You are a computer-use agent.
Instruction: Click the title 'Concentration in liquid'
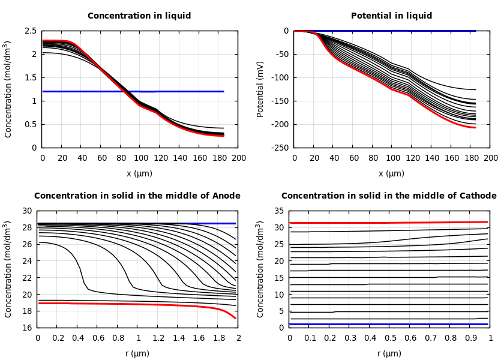(x=139, y=16)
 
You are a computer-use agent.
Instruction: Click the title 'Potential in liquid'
(x=391, y=16)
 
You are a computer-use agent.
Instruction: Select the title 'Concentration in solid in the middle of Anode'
(x=137, y=196)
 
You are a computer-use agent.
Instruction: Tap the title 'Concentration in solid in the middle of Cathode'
(x=389, y=196)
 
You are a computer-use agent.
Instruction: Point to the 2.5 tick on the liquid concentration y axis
(x=30, y=31)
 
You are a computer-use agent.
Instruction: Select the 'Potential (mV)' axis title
(x=260, y=89)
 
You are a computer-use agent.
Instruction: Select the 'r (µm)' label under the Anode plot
(x=137, y=353)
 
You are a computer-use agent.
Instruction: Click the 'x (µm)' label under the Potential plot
(x=391, y=173)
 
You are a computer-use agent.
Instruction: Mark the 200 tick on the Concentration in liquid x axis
(x=238, y=158)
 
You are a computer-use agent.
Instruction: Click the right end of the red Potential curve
(x=475, y=127)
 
